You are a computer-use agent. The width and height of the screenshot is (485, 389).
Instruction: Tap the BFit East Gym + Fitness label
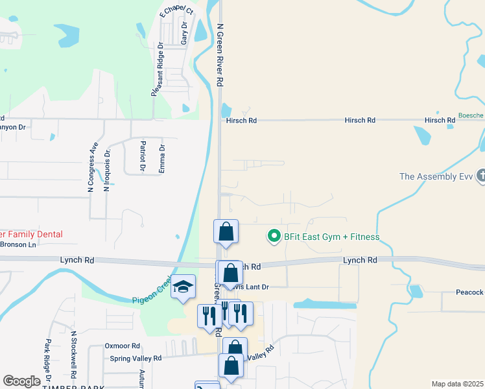point(331,237)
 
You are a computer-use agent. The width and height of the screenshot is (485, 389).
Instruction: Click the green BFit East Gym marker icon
point(274,237)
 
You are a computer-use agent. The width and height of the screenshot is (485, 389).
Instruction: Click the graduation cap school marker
point(183,287)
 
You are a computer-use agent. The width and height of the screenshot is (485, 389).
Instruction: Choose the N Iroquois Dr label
point(108,167)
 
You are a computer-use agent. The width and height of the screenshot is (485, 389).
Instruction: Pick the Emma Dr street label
point(163,158)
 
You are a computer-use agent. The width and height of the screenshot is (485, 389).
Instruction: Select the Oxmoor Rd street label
point(123,346)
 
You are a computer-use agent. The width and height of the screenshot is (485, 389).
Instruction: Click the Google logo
point(22,381)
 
